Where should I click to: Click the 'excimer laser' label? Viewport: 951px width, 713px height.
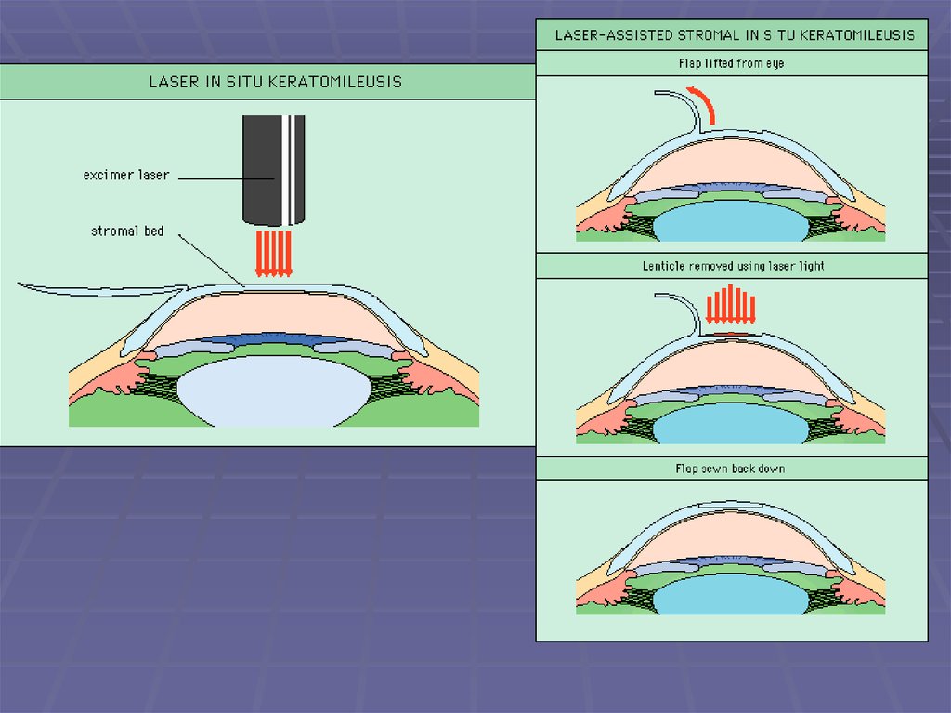(126, 175)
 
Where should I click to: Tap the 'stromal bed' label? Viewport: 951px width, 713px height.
(127, 231)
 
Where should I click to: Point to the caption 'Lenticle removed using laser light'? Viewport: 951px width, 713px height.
(733, 266)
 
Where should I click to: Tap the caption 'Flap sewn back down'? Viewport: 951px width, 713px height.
(730, 469)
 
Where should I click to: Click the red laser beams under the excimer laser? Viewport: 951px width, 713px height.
(275, 253)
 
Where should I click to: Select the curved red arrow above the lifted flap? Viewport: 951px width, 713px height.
(705, 102)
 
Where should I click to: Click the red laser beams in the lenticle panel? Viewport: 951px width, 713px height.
(732, 307)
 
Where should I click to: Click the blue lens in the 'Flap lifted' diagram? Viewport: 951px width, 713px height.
(730, 224)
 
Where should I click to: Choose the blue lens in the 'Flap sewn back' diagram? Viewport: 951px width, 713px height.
(730, 596)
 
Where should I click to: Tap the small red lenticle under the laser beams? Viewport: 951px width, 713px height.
(732, 332)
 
